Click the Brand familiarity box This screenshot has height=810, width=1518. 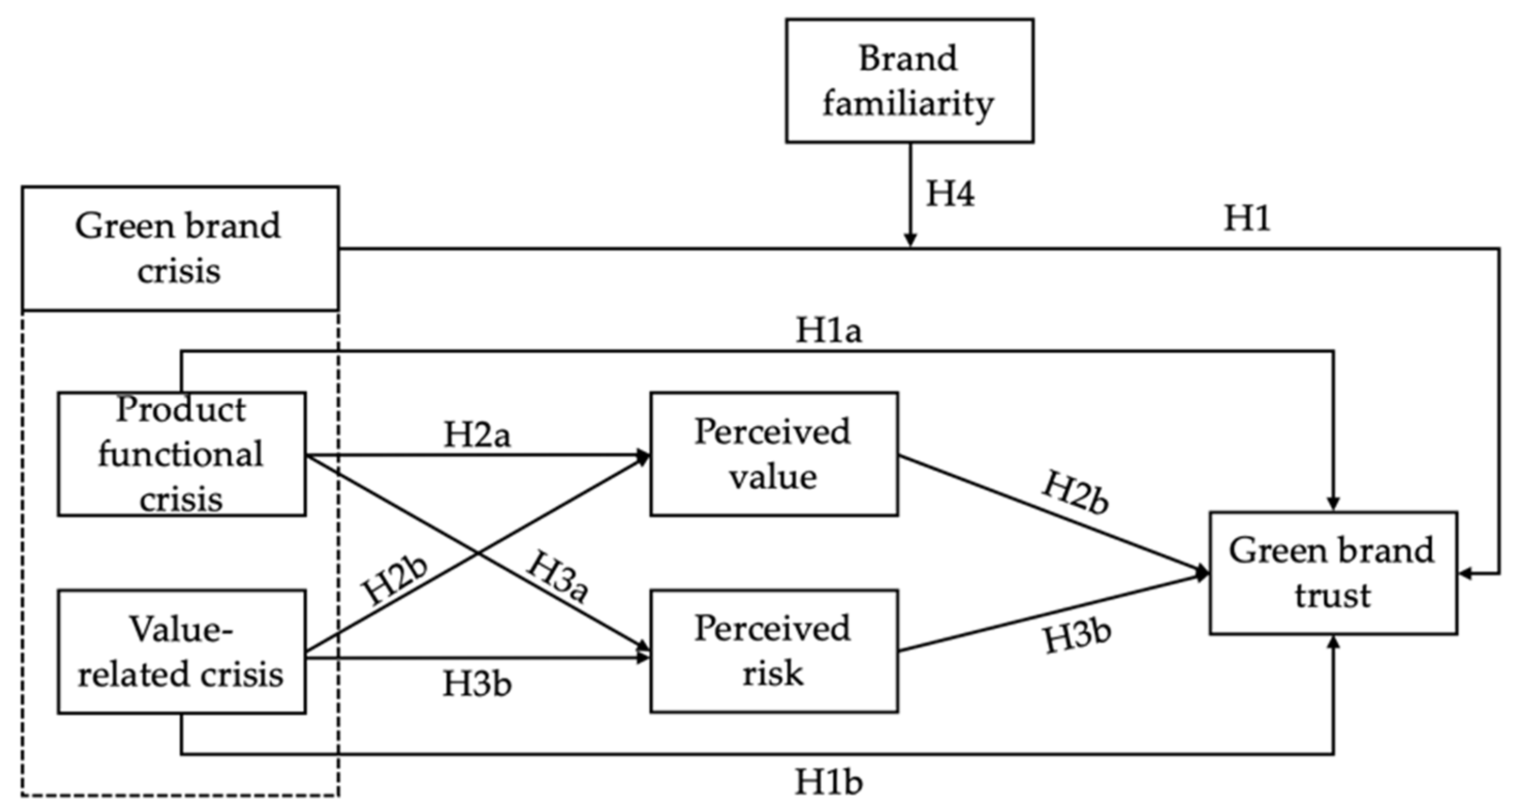click(x=909, y=81)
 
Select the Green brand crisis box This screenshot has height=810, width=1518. click(x=180, y=248)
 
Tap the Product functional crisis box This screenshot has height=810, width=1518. click(x=181, y=454)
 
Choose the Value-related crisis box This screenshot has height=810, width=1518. click(x=181, y=652)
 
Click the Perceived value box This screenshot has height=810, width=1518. click(x=774, y=454)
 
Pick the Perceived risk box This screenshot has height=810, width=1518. click(x=774, y=651)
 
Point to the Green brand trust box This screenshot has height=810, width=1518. click(x=1333, y=573)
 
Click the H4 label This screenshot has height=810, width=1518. click(x=950, y=193)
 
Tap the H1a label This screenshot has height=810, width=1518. click(x=828, y=331)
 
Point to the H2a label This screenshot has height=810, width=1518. click(x=477, y=435)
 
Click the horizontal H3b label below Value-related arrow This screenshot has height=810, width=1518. click(x=477, y=684)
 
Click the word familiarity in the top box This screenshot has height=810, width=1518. click(x=908, y=105)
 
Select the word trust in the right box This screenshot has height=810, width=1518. click(x=1333, y=596)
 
